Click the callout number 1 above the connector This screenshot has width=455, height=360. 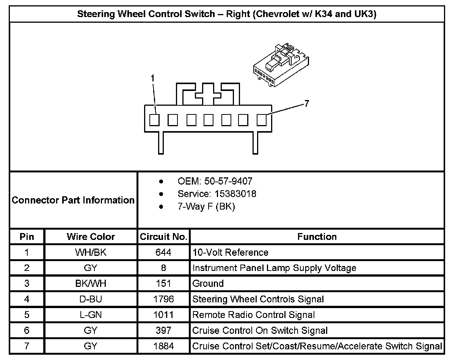[x=152, y=78]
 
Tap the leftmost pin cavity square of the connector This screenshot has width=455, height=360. [x=154, y=120]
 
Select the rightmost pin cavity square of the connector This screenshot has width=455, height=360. [x=262, y=120]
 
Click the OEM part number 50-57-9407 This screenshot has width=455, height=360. [x=215, y=181]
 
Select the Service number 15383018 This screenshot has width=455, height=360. [x=217, y=194]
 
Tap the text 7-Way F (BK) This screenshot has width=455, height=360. [x=206, y=207]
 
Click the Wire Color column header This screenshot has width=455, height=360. [x=91, y=237]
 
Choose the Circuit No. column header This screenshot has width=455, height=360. [x=163, y=237]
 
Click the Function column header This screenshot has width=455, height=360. [x=317, y=237]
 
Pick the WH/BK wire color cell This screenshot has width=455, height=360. [x=91, y=252]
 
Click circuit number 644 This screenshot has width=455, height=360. [x=163, y=252]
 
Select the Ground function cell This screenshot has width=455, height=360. [x=208, y=283]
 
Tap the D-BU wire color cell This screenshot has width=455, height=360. [x=91, y=299]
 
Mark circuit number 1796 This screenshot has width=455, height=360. [x=163, y=299]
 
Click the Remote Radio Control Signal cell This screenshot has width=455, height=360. [x=254, y=315]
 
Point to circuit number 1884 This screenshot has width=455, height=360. [x=163, y=346]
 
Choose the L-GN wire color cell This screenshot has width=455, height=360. [x=91, y=315]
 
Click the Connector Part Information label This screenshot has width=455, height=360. [x=73, y=200]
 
